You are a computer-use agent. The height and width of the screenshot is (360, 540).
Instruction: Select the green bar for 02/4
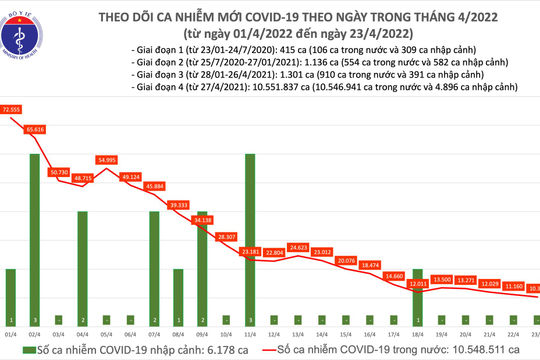34,232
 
